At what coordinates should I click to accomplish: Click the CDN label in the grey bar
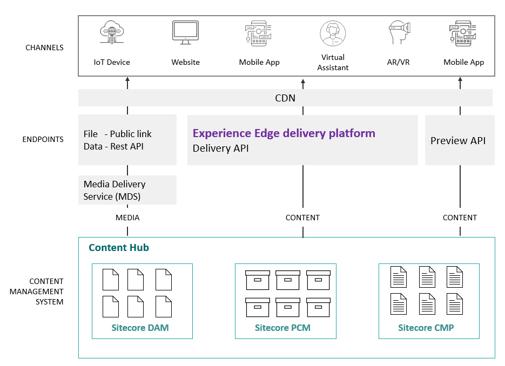click(x=285, y=98)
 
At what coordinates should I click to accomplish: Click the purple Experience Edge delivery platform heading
click(x=284, y=133)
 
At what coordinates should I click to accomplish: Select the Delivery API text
click(x=220, y=148)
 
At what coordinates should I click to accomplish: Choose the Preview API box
click(x=459, y=140)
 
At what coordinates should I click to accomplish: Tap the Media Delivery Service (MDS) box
click(x=127, y=190)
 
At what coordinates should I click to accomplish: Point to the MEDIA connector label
click(x=127, y=218)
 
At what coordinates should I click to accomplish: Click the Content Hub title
click(x=118, y=248)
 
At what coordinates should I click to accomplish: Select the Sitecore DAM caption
click(x=140, y=328)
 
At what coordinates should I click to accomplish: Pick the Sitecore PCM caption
click(x=282, y=328)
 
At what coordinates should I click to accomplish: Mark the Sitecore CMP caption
click(x=426, y=328)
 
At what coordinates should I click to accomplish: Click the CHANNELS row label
click(x=44, y=48)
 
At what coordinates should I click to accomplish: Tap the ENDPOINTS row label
click(x=43, y=139)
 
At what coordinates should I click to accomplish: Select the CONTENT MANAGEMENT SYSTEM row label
click(x=46, y=292)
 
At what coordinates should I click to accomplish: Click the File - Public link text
click(x=118, y=134)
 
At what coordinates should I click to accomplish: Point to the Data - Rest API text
click(x=113, y=146)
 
